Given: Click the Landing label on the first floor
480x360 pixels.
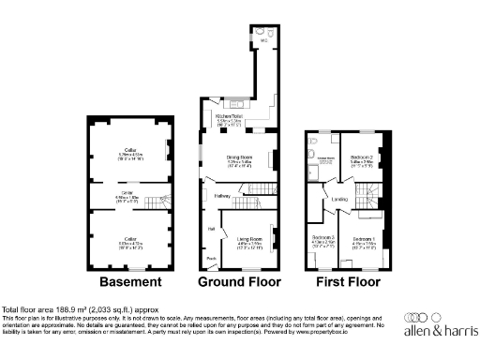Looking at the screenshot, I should tap(340, 200).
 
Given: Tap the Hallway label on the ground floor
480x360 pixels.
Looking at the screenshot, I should tap(222, 195).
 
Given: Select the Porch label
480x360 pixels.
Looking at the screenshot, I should tap(212, 259).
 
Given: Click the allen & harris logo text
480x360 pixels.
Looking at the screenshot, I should tap(439, 330).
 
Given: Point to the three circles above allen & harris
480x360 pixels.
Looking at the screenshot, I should tap(416, 316).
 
